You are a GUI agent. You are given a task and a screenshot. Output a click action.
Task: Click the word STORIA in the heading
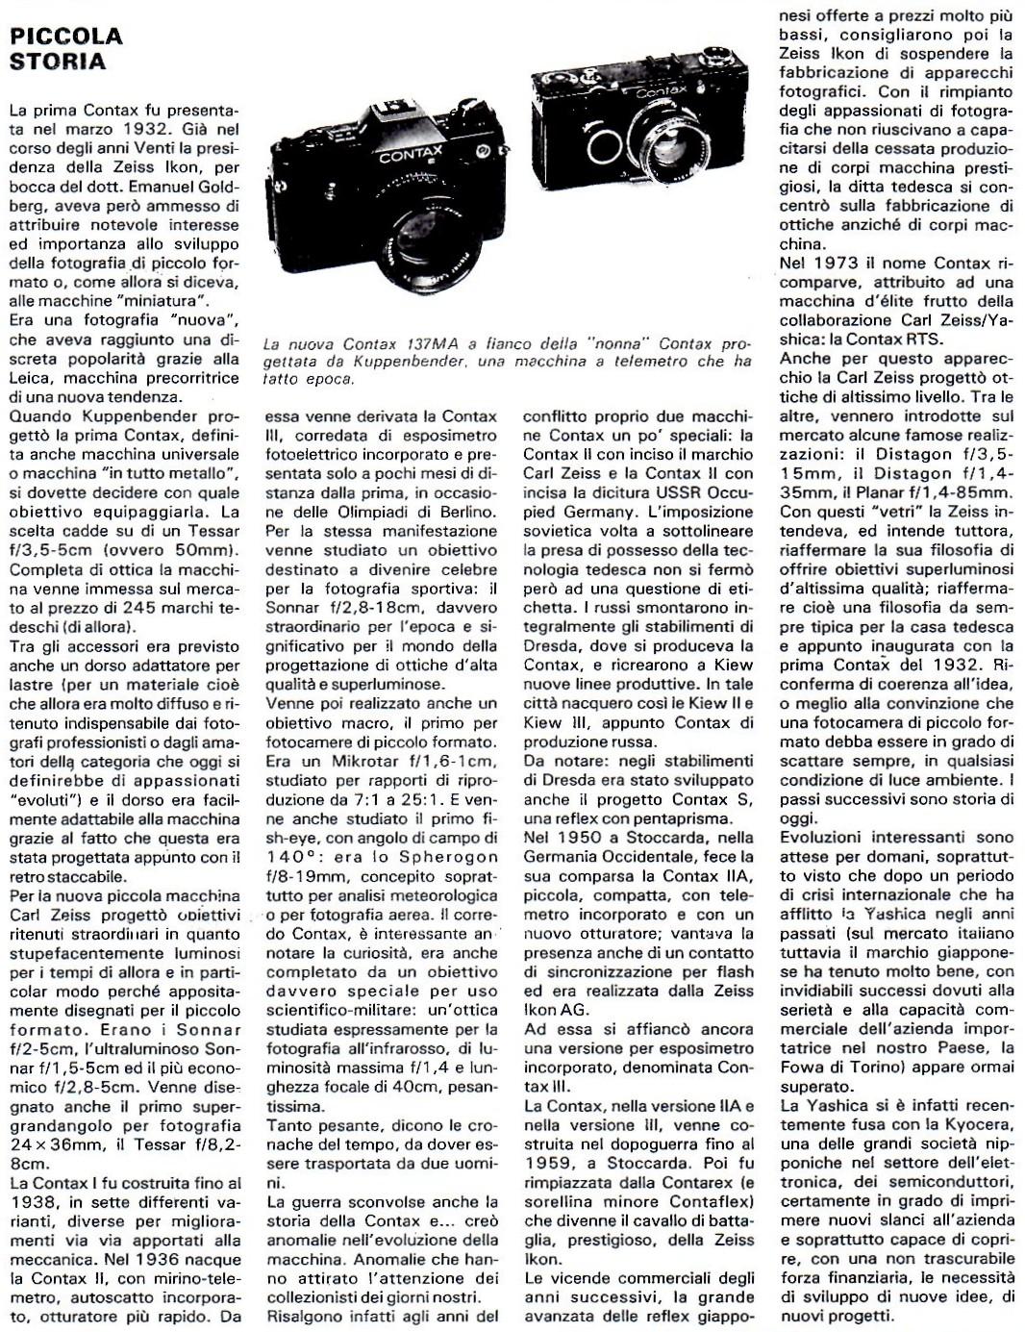pos(57,62)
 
